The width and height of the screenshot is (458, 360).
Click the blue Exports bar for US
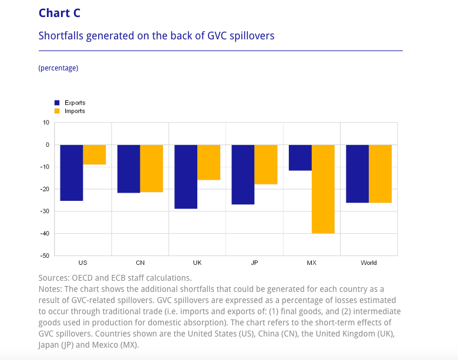pyautogui.click(x=72, y=173)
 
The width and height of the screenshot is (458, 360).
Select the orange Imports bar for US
pyautogui.click(x=95, y=154)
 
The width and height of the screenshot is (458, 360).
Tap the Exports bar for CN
pyautogui.click(x=129, y=169)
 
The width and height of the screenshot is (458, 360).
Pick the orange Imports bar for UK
pyautogui.click(x=208, y=162)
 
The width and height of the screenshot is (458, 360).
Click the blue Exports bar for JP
pyautogui.click(x=243, y=174)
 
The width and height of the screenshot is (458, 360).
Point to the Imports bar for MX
pyautogui.click(x=323, y=189)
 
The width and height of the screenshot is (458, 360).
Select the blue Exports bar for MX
pyautogui.click(x=300, y=158)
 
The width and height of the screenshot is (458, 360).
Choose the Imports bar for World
pyautogui.click(x=380, y=174)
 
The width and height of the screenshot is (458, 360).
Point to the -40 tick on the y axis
pyautogui.click(x=44, y=234)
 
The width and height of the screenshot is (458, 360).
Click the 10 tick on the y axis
pyautogui.click(x=46, y=123)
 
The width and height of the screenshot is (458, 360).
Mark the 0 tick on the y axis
pyautogui.click(x=48, y=145)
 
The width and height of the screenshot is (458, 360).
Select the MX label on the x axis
pyautogui.click(x=311, y=263)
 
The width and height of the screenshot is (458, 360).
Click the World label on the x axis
pyautogui.click(x=369, y=263)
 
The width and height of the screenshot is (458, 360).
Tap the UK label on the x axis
pyautogui.click(x=197, y=263)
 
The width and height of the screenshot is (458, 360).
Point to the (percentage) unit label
pyautogui.click(x=58, y=68)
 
